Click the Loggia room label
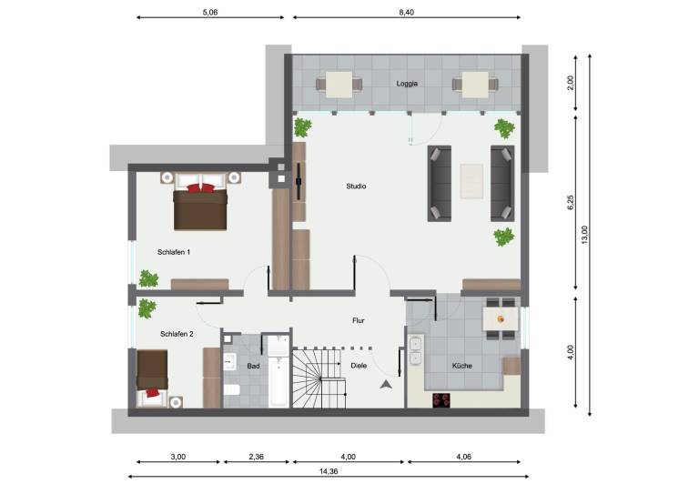click(407, 84)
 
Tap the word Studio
click(356, 187)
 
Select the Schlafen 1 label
click(174, 252)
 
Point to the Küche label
click(461, 366)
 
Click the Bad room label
click(253, 366)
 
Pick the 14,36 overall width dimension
click(328, 471)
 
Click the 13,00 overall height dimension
click(584, 235)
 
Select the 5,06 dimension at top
click(210, 13)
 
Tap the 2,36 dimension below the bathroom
click(257, 457)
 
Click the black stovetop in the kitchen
click(441, 399)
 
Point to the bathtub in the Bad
click(279, 371)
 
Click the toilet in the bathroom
click(231, 390)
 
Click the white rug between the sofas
click(471, 181)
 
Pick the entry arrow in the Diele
click(386, 385)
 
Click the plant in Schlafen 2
click(147, 308)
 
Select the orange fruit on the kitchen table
click(501, 319)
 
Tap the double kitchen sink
click(415, 350)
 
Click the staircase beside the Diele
click(319, 378)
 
